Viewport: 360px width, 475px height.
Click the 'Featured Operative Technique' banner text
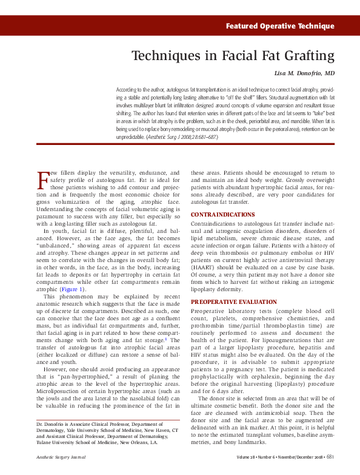(279, 26)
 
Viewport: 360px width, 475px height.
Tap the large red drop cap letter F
(42, 180)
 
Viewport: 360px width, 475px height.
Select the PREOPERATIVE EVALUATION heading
(233, 302)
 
